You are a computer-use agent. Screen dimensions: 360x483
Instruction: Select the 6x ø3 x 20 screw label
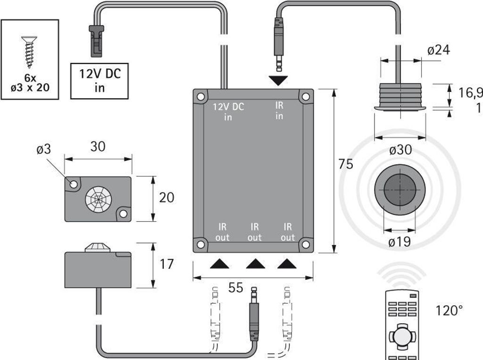tap(30, 84)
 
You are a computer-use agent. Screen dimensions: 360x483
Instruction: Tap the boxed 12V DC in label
tap(99, 81)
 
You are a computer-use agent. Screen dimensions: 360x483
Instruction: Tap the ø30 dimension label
tap(400, 150)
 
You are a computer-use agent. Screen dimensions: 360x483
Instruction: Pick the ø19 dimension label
tap(400, 242)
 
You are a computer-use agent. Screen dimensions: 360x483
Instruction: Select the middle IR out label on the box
tap(254, 232)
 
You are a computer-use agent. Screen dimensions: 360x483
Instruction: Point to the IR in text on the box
tap(279, 110)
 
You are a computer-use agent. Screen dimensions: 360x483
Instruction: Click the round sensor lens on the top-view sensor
tap(98, 199)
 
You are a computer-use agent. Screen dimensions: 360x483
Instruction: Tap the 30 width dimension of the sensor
tap(98, 147)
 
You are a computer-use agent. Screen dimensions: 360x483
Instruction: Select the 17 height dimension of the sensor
tap(167, 264)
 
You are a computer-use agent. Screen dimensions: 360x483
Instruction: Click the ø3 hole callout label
tap(44, 150)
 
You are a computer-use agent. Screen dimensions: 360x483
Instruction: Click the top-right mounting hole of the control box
tap(306, 97)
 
